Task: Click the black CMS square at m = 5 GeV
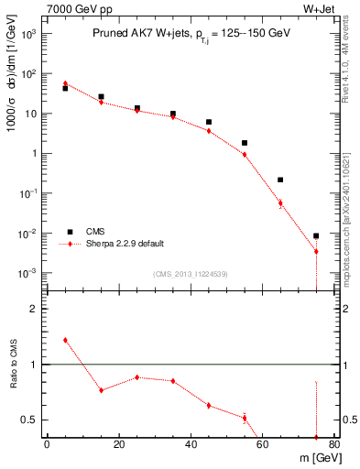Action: (65, 88)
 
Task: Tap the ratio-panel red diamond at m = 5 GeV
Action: (65, 340)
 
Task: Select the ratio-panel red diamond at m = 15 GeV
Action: (101, 390)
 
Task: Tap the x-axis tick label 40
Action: (191, 445)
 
